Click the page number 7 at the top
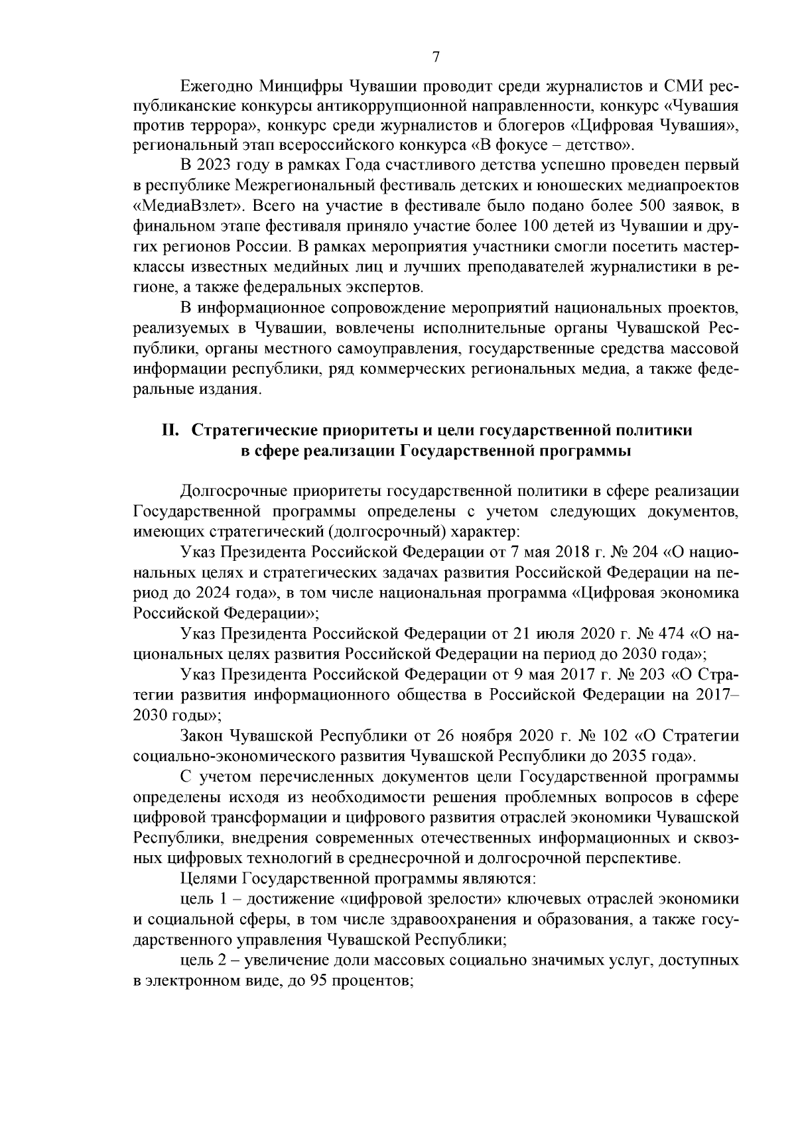coord(436,57)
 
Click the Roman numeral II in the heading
coord(170,430)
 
